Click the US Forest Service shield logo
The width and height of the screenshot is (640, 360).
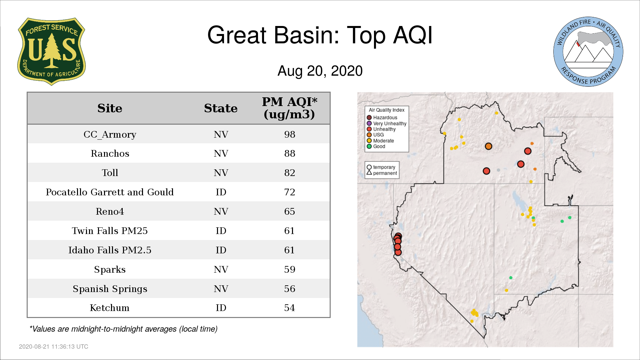coord(51,52)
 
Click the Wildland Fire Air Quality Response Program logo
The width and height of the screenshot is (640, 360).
coord(588,52)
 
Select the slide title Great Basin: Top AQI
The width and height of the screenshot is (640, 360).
coord(320,35)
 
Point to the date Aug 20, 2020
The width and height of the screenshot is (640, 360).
coord(320,71)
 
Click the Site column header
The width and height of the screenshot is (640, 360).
coord(110,108)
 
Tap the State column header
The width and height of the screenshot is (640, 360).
coord(221,108)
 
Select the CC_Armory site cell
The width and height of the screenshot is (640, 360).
coord(110,135)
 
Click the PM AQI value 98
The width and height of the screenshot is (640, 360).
coord(290,134)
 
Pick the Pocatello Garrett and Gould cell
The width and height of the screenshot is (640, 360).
coord(110,192)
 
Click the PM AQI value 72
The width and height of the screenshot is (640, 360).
coord(290,192)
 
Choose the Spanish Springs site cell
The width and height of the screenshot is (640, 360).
coord(110,289)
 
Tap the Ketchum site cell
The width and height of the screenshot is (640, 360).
coord(110,308)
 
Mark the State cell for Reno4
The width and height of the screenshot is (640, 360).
coord(221,211)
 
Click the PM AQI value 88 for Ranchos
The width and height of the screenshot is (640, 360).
coord(290,153)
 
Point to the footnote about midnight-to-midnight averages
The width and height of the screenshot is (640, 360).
coord(123,329)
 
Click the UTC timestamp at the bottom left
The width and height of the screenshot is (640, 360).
coord(54,347)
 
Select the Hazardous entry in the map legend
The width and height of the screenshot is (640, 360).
coord(382,118)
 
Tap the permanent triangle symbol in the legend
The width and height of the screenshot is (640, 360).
coord(369,173)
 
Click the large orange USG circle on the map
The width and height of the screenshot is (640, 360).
coord(488,146)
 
